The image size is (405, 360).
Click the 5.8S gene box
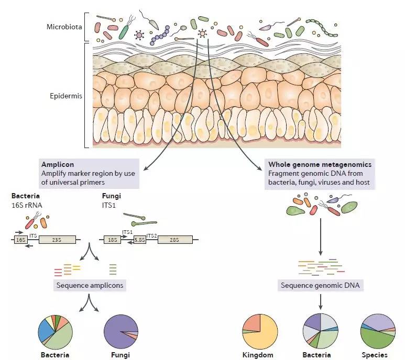139,240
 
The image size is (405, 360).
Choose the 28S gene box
174,240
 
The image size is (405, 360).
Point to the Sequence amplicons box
90,286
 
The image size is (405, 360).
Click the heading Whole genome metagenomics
320,164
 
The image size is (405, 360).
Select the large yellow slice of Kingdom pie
264,337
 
